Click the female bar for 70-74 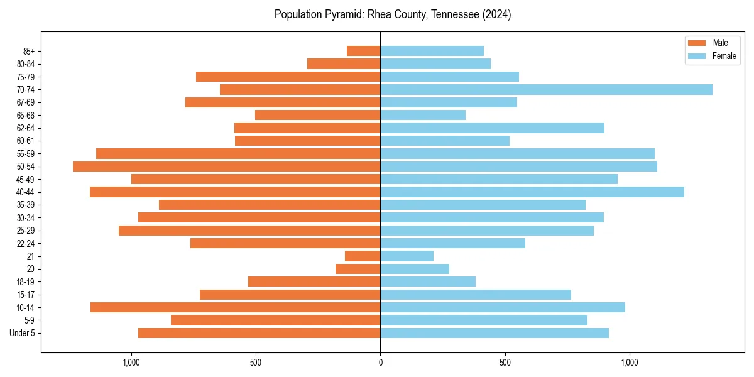pos(546,89)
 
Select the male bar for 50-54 pos(226,167)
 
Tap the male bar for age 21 pos(363,256)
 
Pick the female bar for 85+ pos(432,51)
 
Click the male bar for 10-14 pos(235,307)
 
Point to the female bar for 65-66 pos(423,115)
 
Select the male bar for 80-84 pos(344,63)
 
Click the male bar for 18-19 pos(314,281)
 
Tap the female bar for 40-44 pos(532,192)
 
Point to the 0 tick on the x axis pos(380,363)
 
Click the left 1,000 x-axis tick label pos(131,363)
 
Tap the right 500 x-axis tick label pos(505,363)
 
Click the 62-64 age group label pos(26,128)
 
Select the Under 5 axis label pos(23,333)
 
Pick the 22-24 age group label pos(26,243)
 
